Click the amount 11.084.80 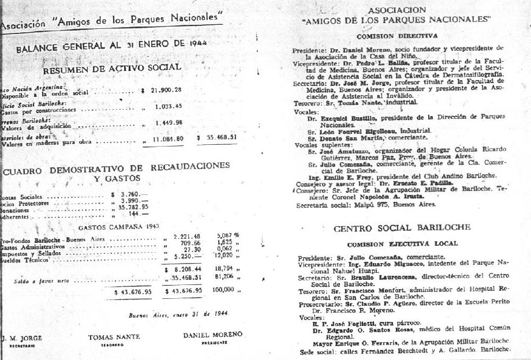pos(168,139)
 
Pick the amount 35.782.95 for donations pos(133,207)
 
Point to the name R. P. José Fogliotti pos(337,322)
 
